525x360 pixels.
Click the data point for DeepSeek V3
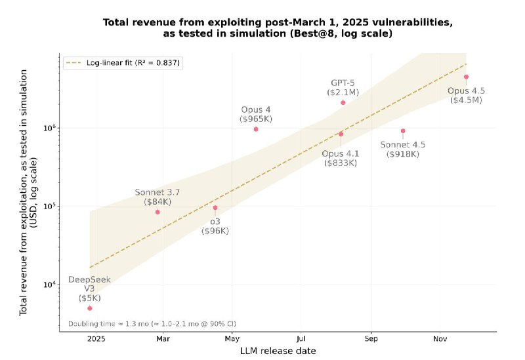click(90, 308)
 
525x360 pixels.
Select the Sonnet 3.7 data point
click(157, 212)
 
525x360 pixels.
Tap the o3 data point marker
click(215, 208)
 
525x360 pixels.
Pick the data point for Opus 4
click(256, 129)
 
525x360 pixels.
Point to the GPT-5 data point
click(343, 103)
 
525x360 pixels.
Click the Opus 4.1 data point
click(341, 134)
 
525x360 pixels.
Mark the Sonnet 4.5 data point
click(403, 131)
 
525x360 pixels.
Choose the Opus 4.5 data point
click(466, 77)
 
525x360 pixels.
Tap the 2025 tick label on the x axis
click(96, 338)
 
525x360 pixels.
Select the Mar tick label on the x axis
click(163, 338)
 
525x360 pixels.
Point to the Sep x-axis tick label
click(371, 338)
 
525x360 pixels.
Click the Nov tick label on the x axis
click(440, 338)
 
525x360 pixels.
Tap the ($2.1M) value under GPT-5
click(343, 93)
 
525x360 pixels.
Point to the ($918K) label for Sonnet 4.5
click(403, 154)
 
